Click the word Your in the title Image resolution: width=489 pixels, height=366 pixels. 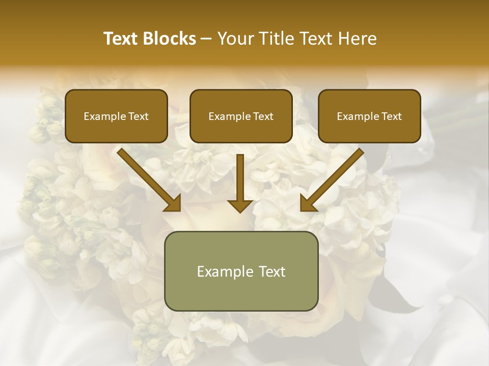(x=235, y=39)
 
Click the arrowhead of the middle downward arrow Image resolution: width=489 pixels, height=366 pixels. (x=240, y=205)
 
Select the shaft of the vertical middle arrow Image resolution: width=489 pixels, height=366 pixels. (x=240, y=175)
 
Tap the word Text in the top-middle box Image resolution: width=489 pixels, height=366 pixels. (x=263, y=116)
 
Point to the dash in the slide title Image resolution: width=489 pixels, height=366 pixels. (x=207, y=39)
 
